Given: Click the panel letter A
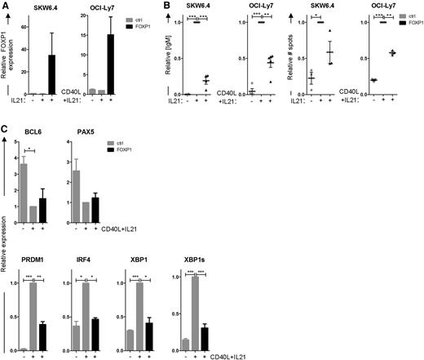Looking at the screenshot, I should click(x=5, y=7).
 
